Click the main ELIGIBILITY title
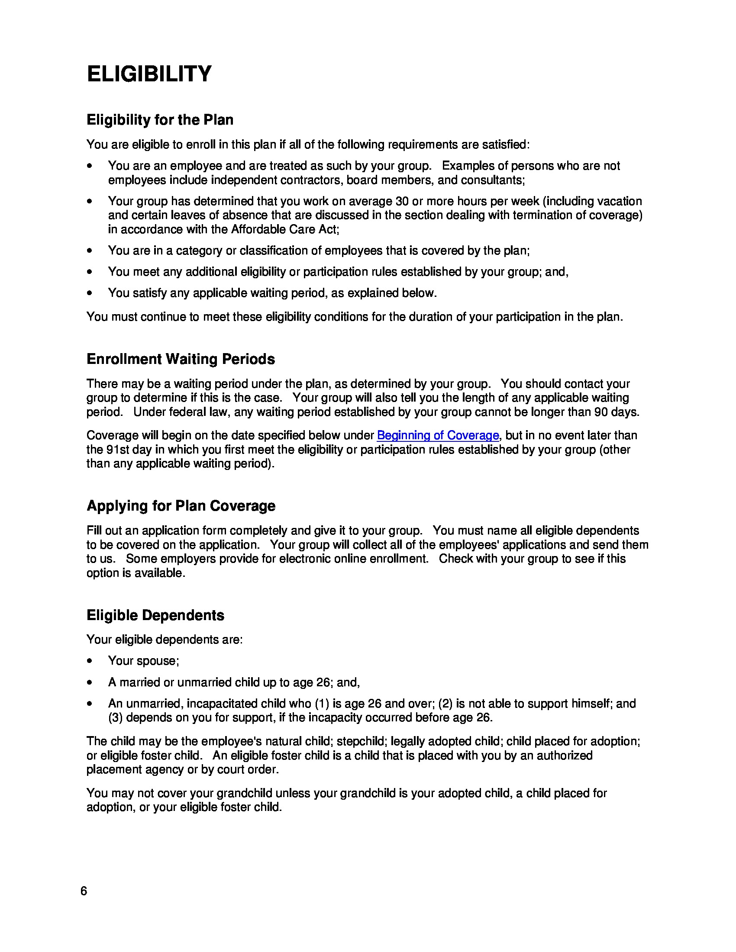[149, 74]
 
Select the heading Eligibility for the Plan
[160, 120]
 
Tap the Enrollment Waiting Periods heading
[181, 359]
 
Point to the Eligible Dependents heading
[155, 615]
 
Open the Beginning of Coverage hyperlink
[438, 435]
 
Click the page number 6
[84, 891]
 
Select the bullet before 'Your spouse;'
[90, 661]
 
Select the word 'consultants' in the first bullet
[492, 180]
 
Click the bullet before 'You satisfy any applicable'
[90, 293]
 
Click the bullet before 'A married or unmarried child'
[90, 682]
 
